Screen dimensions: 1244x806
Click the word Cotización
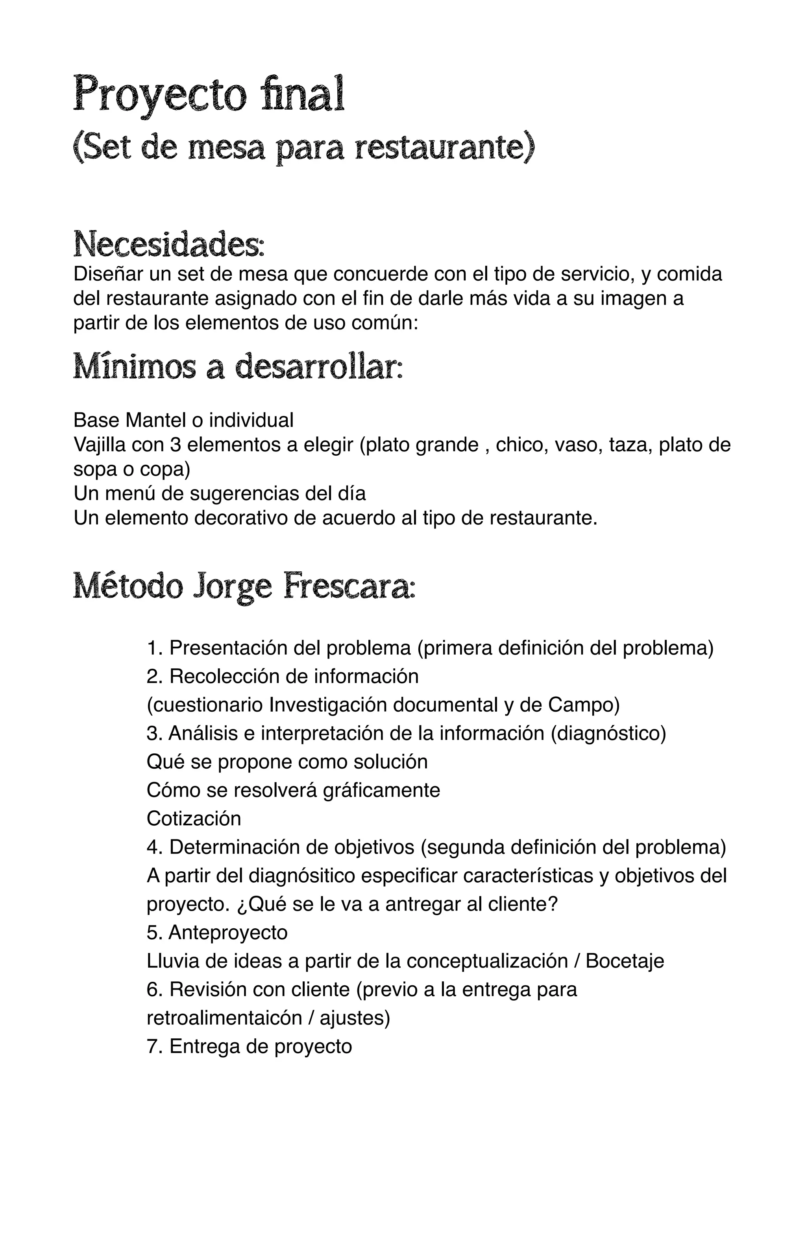pos(194,818)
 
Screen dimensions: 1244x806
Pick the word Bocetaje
pos(625,961)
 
